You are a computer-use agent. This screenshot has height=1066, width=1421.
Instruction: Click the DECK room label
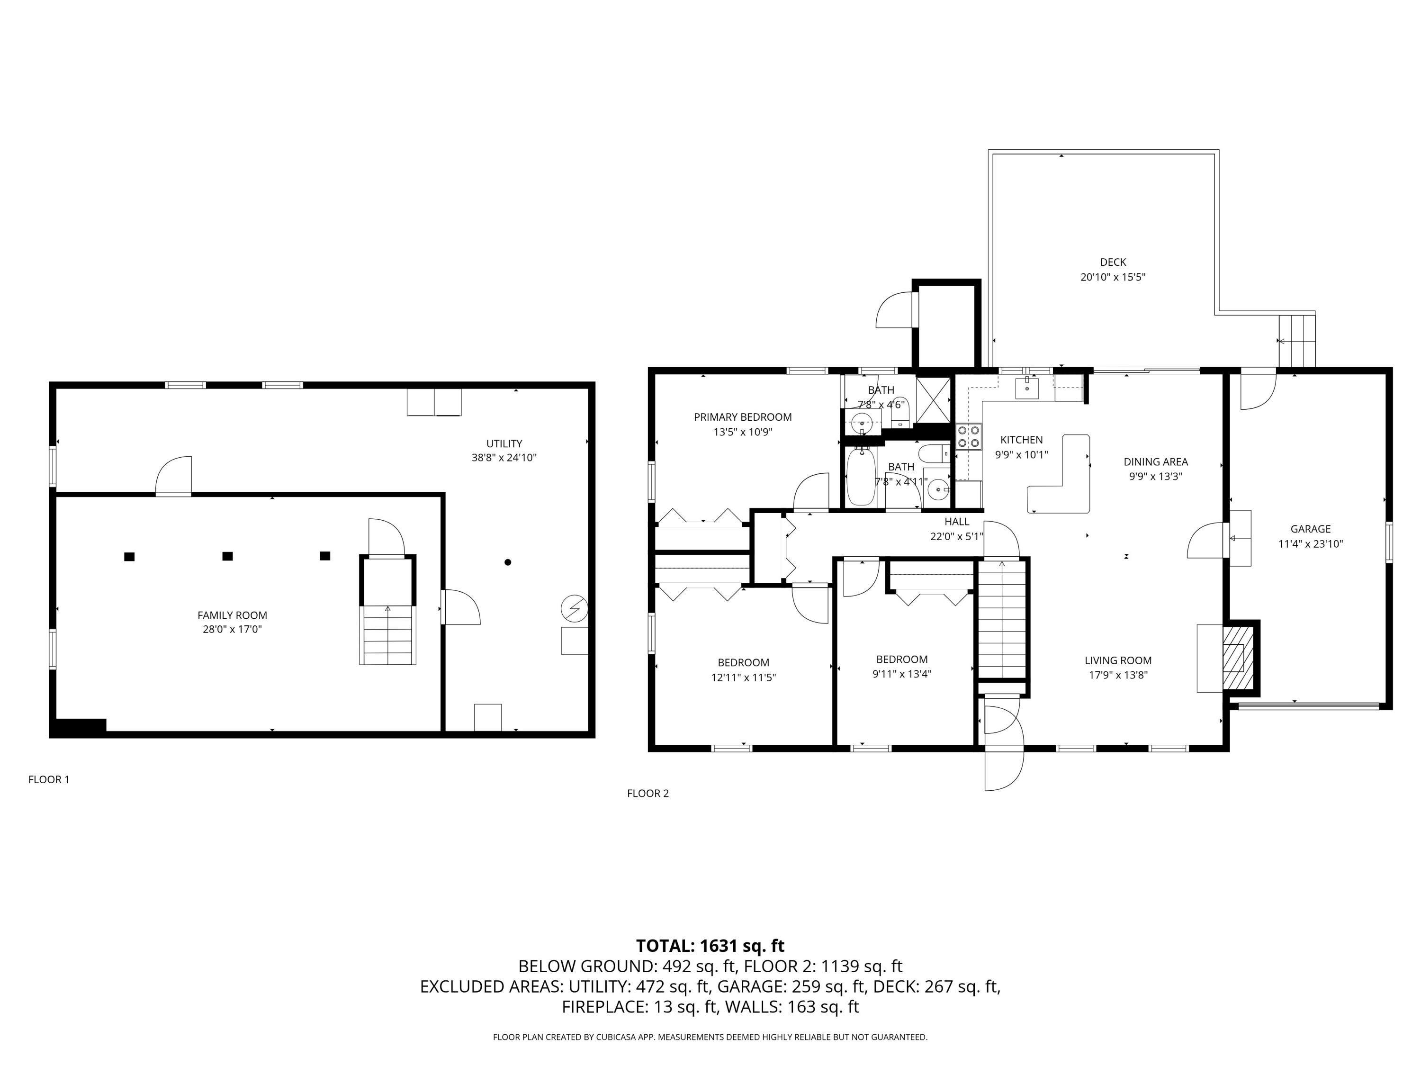[1113, 262]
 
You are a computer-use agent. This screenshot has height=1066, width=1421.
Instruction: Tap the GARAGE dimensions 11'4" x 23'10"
[1311, 543]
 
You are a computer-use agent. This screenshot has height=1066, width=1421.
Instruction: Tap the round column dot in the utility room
[507, 562]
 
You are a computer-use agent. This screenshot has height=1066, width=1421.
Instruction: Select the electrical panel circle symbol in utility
[574, 607]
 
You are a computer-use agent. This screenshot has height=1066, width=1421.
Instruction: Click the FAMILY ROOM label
[232, 615]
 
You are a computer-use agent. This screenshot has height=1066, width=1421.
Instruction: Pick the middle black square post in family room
[227, 557]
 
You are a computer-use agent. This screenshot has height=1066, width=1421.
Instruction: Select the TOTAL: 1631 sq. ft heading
[710, 946]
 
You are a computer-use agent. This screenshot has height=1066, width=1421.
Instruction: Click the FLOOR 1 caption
[49, 779]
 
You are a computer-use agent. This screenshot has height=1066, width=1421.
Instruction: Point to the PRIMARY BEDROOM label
[743, 417]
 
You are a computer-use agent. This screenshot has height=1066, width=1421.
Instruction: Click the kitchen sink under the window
[1026, 388]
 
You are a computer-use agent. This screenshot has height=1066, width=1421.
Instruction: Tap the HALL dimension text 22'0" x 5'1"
[956, 536]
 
